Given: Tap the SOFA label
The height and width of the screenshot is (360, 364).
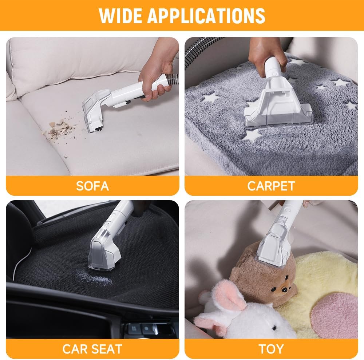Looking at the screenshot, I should [x=92, y=186].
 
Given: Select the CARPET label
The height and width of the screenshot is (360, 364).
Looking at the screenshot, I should [x=271, y=186].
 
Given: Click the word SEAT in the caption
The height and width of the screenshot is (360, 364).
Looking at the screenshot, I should [x=107, y=349].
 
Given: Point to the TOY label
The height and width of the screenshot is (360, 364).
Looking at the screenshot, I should [x=271, y=349].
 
